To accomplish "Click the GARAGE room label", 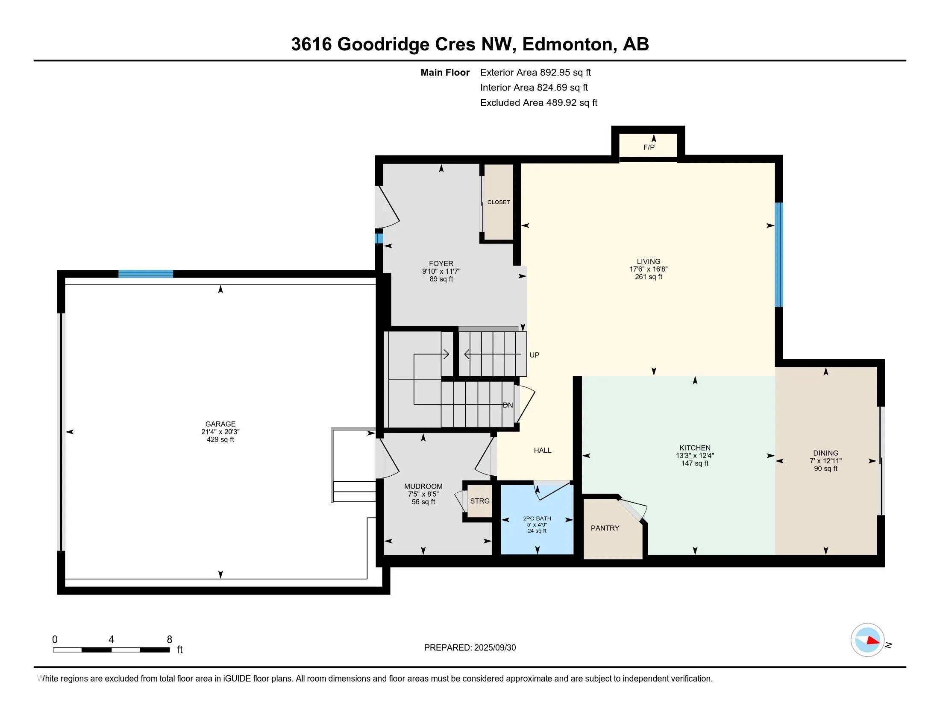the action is click(220, 424).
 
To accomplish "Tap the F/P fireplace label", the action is click(649, 147).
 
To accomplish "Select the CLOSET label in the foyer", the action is click(498, 202).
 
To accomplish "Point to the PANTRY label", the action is click(605, 528).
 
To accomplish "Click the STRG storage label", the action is click(479, 501).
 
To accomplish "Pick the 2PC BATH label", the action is click(537, 519).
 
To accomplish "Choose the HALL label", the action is click(542, 450).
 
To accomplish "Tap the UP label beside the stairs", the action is click(534, 355).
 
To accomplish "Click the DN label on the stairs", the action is click(508, 405).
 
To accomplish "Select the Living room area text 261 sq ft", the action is click(648, 277).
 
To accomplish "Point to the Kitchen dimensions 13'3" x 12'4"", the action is click(695, 456).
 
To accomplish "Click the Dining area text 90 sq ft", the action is click(825, 468).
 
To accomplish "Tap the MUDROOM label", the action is click(423, 486).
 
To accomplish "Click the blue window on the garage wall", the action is click(146, 274).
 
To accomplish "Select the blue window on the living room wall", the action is click(778, 255).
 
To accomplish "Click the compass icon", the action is click(867, 640).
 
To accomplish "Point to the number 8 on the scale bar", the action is click(170, 640).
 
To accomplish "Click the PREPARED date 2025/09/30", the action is click(495, 648).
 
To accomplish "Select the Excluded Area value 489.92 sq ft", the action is click(572, 103).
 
